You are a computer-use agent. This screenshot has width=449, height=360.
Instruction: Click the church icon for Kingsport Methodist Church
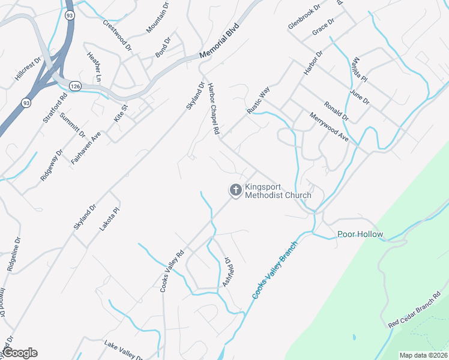coord(236,190)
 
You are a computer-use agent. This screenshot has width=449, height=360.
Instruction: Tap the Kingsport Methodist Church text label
coord(278,190)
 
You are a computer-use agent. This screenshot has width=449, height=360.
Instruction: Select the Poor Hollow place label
coord(360,234)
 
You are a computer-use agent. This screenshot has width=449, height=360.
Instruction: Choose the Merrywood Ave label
coord(329,127)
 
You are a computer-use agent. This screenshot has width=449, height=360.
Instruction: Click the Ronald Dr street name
coord(336,106)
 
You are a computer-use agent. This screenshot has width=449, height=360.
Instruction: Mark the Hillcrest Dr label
coord(28,70)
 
